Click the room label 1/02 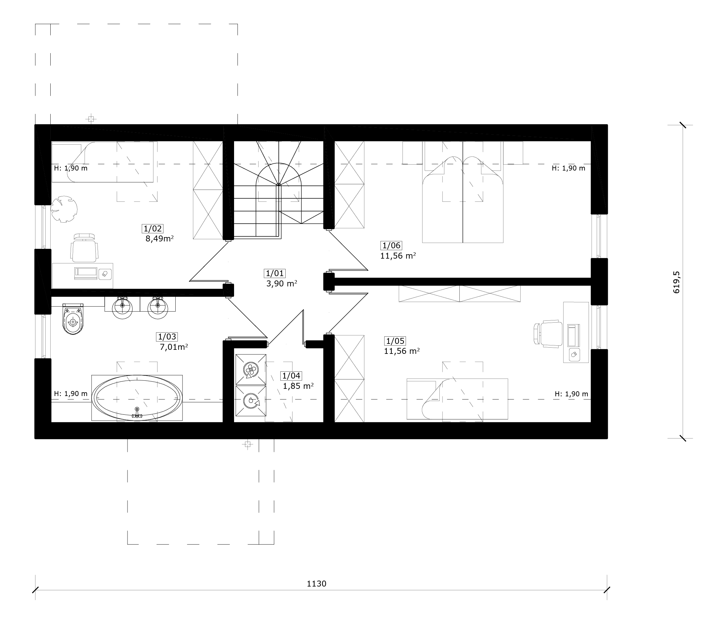[x=153, y=229]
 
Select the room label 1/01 [x=275, y=273]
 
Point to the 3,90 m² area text [x=282, y=284]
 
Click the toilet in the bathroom [x=73, y=318]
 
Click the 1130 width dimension [x=317, y=584]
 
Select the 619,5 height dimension [x=677, y=282]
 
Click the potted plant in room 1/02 [x=64, y=209]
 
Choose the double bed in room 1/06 [x=462, y=192]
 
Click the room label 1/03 [x=167, y=337]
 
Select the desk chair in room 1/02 [x=84, y=247]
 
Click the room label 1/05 [x=395, y=341]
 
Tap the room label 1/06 [x=392, y=245]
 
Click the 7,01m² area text [x=174, y=347]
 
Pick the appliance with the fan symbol [x=251, y=369]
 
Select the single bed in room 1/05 [x=457, y=399]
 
